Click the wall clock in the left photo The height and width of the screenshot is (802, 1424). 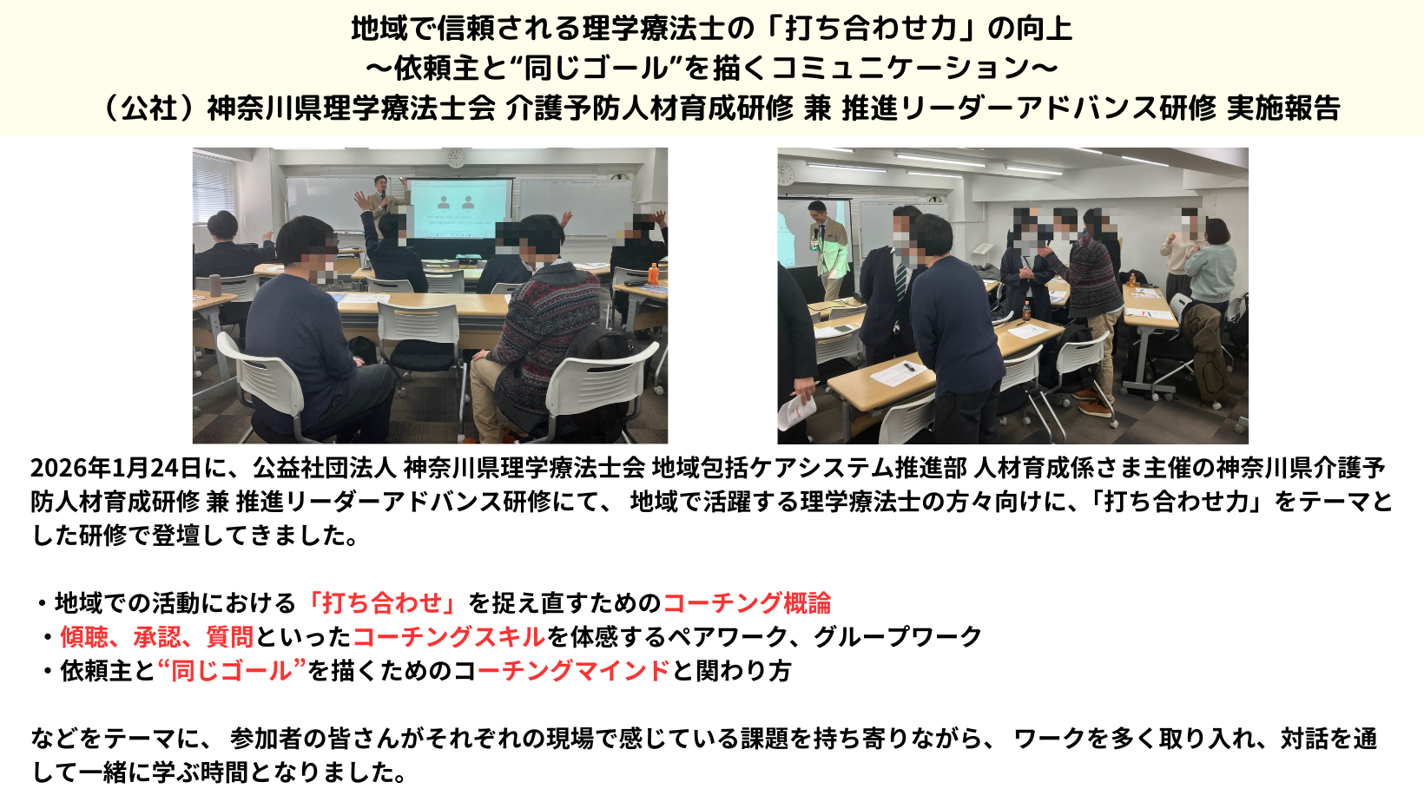[456, 158]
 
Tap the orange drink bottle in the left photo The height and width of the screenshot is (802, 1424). [652, 274]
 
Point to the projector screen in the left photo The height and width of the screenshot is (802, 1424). [461, 210]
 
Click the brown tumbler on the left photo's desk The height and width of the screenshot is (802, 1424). [214, 286]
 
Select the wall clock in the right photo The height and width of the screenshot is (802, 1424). [786, 174]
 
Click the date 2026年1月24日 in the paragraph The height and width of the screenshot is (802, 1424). [116, 468]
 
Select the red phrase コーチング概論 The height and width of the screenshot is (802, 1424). [747, 602]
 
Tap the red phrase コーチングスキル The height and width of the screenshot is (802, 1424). [449, 637]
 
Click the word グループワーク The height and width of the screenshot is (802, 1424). [898, 637]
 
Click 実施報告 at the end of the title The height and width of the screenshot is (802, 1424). [1283, 108]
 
